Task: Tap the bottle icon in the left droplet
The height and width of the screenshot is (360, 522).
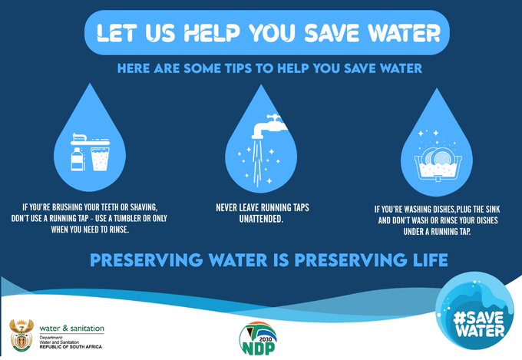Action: tap(76, 159)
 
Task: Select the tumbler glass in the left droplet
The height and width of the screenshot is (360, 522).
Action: tap(101, 160)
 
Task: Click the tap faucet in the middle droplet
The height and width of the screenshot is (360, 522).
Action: tap(269, 127)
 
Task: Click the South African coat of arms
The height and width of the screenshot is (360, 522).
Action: tap(21, 335)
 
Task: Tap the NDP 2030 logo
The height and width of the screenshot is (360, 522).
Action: tap(258, 339)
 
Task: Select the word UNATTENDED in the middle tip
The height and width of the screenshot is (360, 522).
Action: tap(261, 219)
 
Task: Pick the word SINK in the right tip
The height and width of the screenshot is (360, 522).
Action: tap(493, 210)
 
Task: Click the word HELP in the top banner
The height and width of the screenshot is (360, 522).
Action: tap(212, 33)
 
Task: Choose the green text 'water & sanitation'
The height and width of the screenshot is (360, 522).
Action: tap(72, 329)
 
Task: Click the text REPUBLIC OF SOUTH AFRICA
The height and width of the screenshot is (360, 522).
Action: tap(71, 347)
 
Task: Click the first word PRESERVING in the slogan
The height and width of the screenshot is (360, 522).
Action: tap(147, 260)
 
